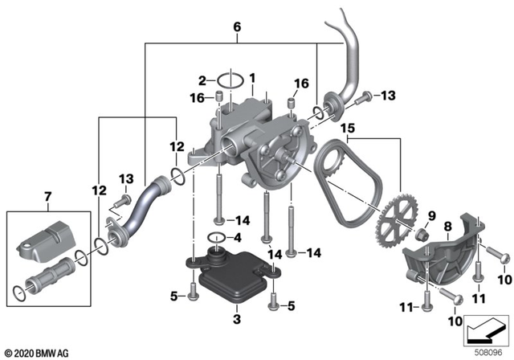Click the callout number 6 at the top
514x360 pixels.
237,27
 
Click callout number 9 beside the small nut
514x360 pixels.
430,215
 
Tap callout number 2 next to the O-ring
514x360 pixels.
203,80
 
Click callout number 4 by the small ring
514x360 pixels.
236,238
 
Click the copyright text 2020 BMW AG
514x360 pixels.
37,352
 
